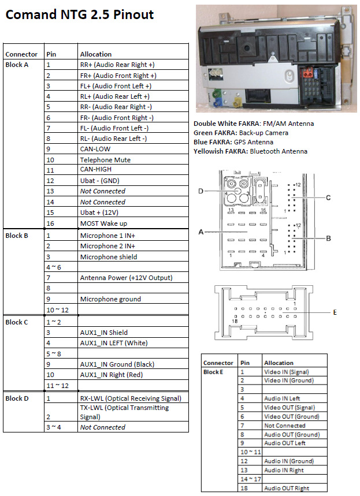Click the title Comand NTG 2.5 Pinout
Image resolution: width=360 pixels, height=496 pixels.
click(x=80, y=14)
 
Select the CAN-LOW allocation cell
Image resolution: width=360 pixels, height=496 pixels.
click(x=95, y=149)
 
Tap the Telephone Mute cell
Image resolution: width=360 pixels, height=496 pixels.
click(x=105, y=159)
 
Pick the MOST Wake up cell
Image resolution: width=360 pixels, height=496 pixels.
click(x=104, y=223)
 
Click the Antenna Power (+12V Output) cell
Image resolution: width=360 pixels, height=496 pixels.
click(x=126, y=278)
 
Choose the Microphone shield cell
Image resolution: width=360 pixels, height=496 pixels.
click(x=109, y=256)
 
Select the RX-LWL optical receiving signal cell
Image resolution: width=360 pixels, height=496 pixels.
click(x=131, y=398)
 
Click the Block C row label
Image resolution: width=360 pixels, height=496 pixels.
click(x=17, y=322)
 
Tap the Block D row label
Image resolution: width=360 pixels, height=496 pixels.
click(x=17, y=398)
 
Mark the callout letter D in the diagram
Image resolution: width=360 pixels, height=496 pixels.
click(x=201, y=191)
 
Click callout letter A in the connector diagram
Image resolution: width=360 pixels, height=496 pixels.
click(x=201, y=232)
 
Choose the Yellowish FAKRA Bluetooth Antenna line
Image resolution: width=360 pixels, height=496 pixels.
click(x=250, y=151)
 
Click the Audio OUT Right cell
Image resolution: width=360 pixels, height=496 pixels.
click(x=286, y=488)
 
